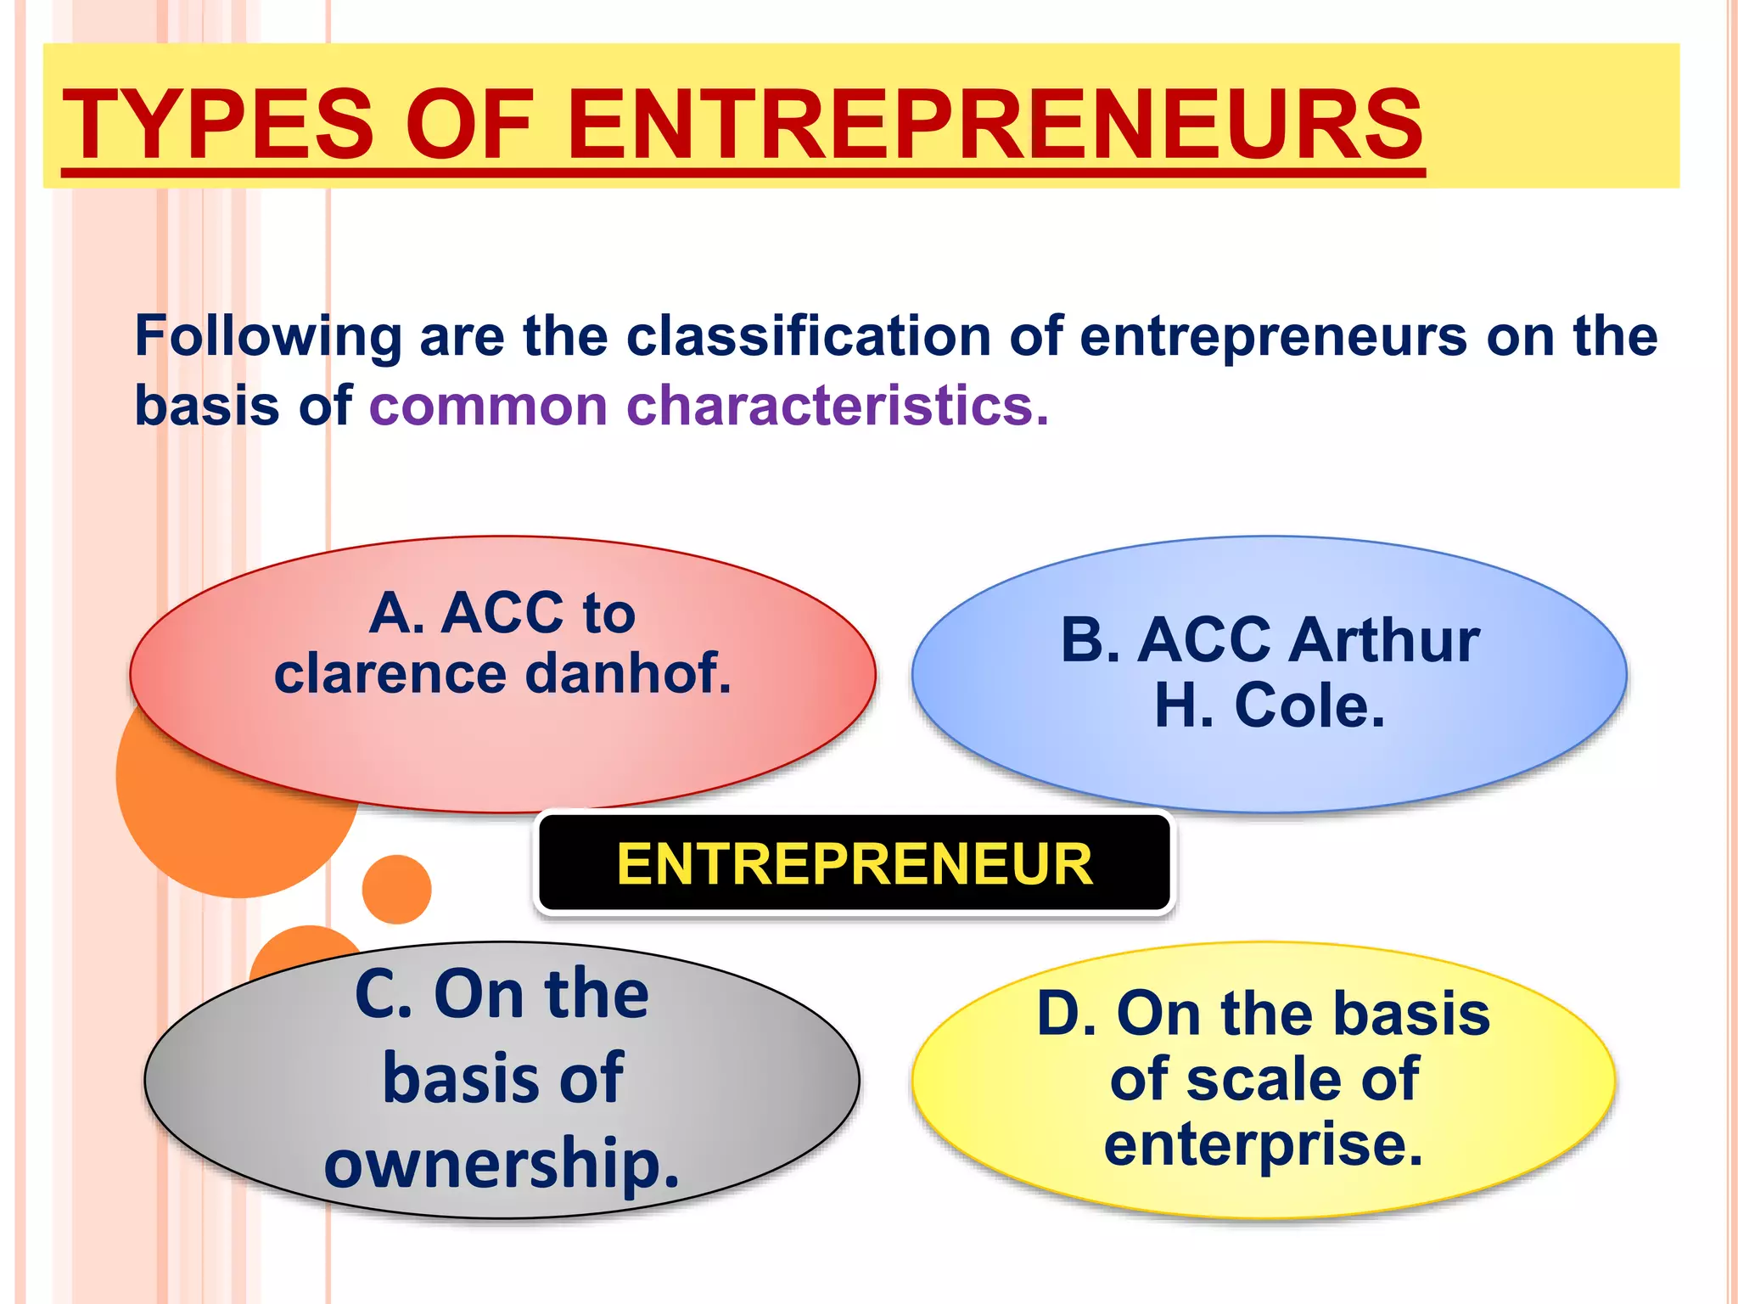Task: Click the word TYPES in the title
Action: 218,124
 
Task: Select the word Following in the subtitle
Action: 268,337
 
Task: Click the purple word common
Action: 488,405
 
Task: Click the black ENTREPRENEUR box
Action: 854,863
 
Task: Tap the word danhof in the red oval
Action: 628,673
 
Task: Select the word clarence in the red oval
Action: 390,673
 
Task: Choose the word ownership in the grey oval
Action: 502,1163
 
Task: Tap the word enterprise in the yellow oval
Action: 1263,1145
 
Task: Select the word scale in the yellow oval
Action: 1264,1079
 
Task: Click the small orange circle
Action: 396,889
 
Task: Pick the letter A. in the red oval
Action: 396,613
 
